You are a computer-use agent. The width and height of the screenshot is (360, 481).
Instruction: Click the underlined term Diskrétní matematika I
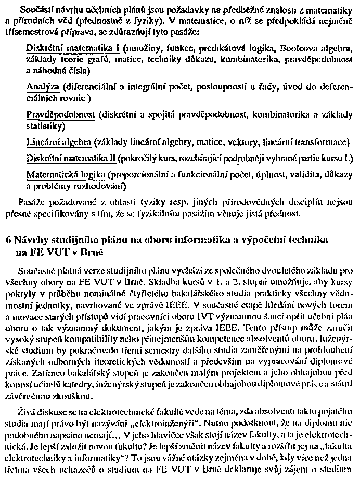[x=73, y=48]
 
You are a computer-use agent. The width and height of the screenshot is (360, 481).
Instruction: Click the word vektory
[x=247, y=141]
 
